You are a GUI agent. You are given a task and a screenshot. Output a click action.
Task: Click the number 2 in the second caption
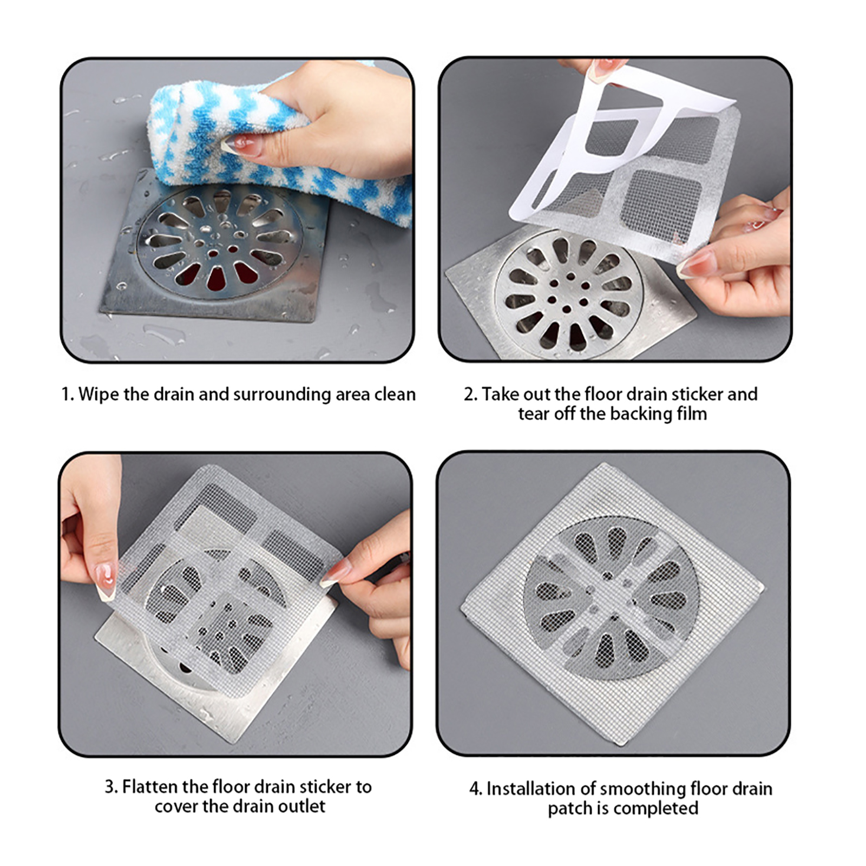coord(469,395)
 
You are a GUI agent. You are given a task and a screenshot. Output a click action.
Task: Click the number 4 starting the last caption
coord(474,789)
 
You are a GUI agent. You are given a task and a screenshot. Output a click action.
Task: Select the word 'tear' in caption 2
coord(533,415)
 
